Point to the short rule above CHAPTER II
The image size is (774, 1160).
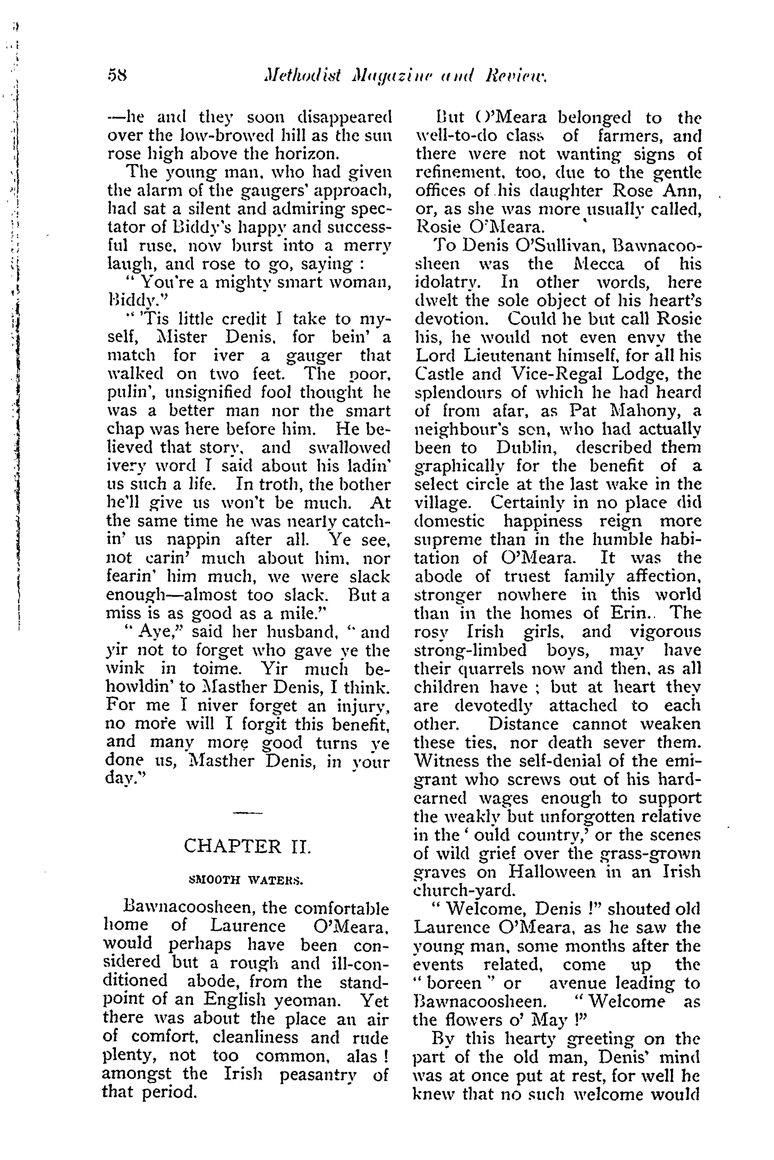click(x=247, y=813)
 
